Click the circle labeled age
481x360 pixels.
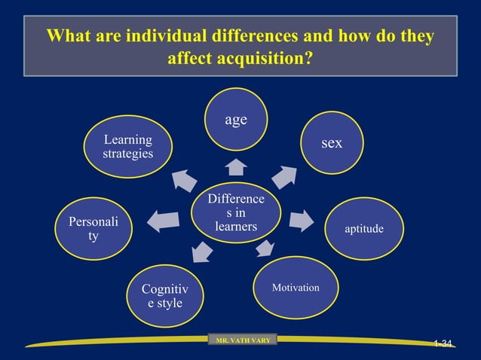[237, 121]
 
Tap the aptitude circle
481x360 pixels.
[363, 228]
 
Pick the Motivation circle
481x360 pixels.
[296, 288]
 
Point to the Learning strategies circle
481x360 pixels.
[127, 147]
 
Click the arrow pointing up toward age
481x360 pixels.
[237, 166]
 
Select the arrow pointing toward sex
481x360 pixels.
[284, 175]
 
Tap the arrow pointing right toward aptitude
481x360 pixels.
[301, 221]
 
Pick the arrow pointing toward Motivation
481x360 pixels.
[265, 248]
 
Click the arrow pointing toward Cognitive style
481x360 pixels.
[202, 252]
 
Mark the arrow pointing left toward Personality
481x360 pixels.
[164, 221]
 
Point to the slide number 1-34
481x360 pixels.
[443, 344]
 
